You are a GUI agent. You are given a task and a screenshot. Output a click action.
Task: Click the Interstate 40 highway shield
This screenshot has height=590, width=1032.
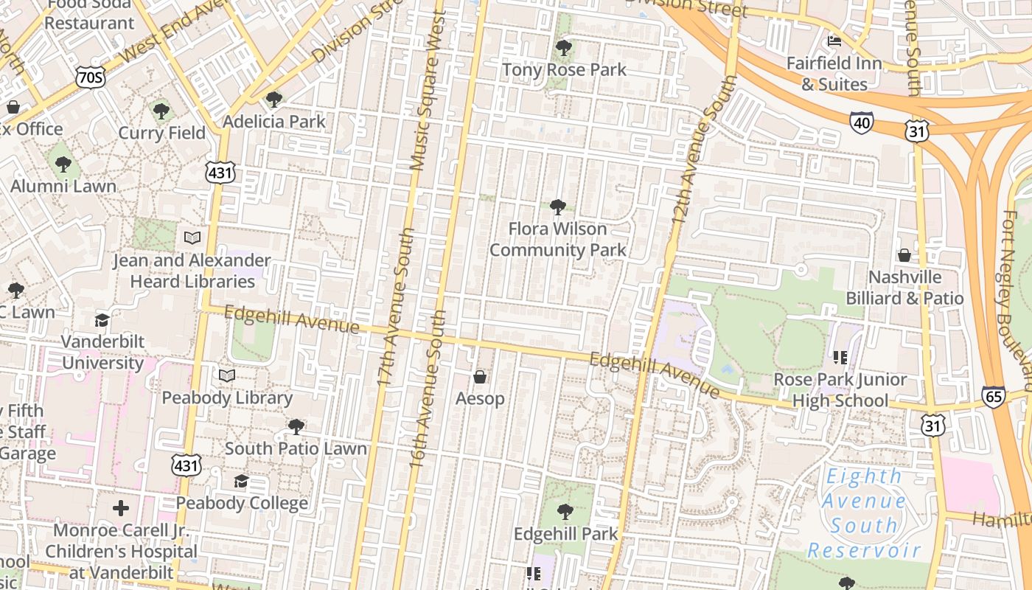click(861, 122)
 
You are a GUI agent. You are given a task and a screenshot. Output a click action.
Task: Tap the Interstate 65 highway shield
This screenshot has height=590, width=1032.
click(993, 397)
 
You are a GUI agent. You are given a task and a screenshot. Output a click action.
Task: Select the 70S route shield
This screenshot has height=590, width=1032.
click(90, 77)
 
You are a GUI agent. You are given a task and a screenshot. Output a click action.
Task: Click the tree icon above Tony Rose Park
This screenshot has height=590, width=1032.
click(564, 49)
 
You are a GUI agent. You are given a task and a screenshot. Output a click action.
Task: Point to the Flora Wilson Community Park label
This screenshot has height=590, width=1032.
click(558, 240)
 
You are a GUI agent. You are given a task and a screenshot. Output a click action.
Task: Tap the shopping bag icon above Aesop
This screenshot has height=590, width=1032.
click(480, 378)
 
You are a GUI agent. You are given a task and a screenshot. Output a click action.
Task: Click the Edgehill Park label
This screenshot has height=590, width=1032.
click(565, 533)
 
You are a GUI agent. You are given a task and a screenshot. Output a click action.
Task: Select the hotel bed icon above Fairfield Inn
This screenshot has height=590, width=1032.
click(834, 41)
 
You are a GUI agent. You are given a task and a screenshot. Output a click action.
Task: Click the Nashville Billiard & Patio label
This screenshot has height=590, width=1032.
click(904, 288)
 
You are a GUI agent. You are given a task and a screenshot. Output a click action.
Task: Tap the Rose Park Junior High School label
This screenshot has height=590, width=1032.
click(840, 390)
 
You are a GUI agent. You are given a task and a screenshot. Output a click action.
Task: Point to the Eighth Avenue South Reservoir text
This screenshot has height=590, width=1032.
click(864, 513)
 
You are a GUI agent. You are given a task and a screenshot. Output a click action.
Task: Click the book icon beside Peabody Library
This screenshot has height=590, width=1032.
click(227, 376)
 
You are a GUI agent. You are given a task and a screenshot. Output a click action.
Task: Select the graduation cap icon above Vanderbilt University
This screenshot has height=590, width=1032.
click(102, 321)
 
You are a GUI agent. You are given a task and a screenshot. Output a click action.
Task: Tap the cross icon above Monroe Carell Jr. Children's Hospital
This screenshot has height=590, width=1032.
click(121, 508)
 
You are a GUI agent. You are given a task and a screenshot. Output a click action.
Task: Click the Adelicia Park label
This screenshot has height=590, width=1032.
click(274, 122)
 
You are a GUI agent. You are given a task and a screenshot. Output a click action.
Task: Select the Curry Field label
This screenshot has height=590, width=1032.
click(162, 133)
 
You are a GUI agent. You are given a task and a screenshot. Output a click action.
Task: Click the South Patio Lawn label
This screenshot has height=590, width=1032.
click(296, 448)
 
